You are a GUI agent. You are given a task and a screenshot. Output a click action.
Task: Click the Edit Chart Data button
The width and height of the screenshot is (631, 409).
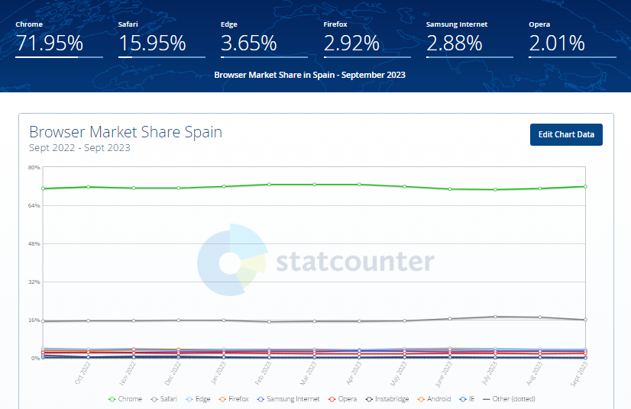(566, 134)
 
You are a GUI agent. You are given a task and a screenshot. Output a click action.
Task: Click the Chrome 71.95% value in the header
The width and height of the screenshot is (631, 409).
(50, 43)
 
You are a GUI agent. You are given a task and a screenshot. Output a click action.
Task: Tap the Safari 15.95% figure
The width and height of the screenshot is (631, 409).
(151, 43)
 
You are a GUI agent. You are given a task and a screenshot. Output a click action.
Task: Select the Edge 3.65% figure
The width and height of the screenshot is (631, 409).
(249, 43)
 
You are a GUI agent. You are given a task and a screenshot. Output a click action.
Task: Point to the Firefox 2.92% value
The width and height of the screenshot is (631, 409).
(351, 43)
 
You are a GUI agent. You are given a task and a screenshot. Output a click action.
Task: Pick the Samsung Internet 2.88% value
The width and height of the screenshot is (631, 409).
(455, 43)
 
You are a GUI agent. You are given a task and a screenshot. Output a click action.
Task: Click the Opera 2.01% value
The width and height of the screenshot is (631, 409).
(557, 43)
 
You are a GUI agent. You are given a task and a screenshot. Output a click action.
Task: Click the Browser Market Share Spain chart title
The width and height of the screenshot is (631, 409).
(125, 132)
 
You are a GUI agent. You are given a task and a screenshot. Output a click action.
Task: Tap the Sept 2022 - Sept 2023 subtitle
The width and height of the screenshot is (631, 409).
(79, 147)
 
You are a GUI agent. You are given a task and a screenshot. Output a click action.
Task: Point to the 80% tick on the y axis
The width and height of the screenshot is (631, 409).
(34, 167)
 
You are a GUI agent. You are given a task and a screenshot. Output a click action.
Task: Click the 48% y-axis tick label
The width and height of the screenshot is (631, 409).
(34, 243)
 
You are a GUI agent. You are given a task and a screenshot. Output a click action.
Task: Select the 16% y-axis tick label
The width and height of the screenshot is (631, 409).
(34, 320)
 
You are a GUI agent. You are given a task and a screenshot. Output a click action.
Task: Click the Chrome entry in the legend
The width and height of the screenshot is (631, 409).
(127, 399)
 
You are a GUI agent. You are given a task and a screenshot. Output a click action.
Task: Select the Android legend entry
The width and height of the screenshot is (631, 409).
(438, 399)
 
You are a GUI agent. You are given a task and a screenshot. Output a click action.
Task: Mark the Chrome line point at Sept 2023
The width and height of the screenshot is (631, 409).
(585, 186)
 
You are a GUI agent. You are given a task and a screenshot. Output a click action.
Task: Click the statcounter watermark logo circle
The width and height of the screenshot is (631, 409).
(230, 262)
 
